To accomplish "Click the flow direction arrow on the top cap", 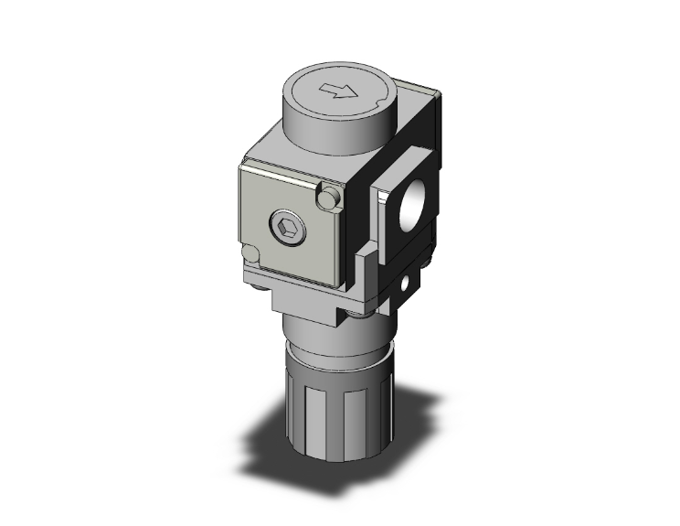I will [338, 91].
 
